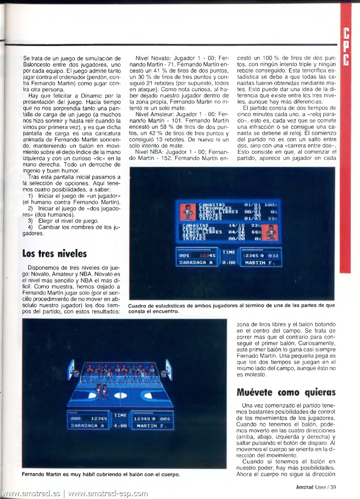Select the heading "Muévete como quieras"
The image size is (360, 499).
(285, 392)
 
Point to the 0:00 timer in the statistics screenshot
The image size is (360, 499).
(229, 262)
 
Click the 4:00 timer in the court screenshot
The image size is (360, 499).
(120, 425)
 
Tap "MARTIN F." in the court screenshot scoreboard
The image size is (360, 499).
(149, 426)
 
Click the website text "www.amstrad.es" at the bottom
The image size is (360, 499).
(31, 494)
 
